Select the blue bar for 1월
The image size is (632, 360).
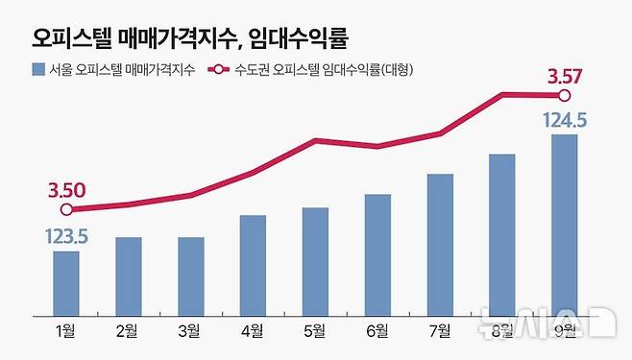[66, 284]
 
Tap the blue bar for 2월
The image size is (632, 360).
[128, 277]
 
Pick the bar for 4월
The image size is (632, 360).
[253, 267]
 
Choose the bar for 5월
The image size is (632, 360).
[315, 262]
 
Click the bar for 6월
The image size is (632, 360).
[377, 255]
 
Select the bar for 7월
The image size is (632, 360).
[440, 246]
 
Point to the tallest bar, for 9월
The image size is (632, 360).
[565, 226]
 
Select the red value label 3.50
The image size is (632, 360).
[66, 189]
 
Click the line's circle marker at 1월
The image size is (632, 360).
[66, 209]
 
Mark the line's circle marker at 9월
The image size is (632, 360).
[565, 95]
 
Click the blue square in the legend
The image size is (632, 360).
[37, 69]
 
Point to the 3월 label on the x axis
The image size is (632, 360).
[190, 332]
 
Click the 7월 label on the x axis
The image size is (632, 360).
[440, 332]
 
